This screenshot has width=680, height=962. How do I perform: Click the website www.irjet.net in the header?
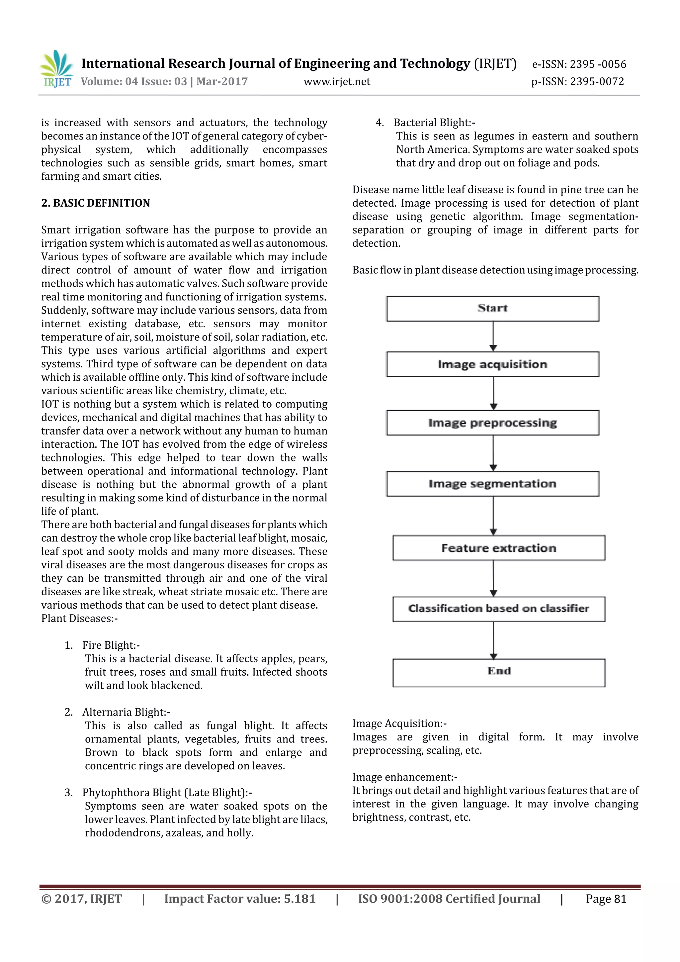[x=337, y=82]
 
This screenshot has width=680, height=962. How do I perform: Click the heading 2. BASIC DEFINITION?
[x=96, y=203]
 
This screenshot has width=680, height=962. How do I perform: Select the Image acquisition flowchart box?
[x=492, y=364]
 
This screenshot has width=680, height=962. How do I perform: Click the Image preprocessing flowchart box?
[x=492, y=423]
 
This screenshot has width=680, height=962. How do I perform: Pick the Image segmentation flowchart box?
[x=492, y=484]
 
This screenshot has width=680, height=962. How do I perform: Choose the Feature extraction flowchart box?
[x=498, y=548]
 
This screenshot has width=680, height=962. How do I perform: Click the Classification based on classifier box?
[x=498, y=609]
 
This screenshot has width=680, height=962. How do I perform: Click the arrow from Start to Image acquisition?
[x=493, y=337]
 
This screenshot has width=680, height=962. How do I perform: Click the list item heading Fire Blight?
[x=111, y=645]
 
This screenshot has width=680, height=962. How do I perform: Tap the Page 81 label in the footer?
[x=606, y=899]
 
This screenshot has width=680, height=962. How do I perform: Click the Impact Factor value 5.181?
[x=239, y=899]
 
